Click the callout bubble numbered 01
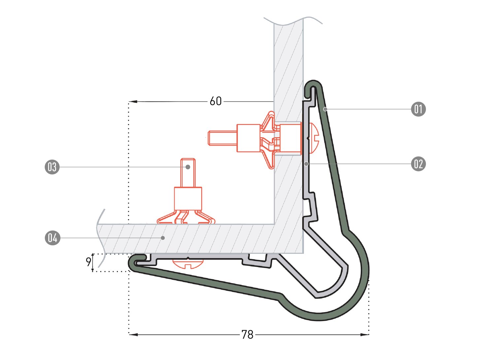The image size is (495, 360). [418, 109]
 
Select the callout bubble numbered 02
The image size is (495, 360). [418, 164]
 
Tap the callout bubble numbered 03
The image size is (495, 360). [52, 167]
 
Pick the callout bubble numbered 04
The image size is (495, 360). [52, 238]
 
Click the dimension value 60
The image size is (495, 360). [216, 101]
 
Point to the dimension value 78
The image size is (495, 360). [247, 335]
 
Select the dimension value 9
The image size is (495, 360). [88, 262]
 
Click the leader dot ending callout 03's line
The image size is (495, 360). [188, 167]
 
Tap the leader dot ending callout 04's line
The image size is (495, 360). [162, 238]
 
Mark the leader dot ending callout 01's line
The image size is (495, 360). [325, 109]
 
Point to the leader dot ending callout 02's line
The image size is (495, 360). [307, 164]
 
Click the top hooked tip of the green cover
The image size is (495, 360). [313, 84]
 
